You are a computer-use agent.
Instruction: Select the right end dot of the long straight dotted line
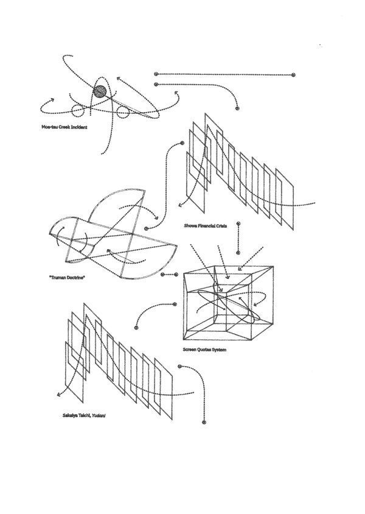(x=293, y=75)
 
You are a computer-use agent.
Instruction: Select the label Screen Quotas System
(x=205, y=350)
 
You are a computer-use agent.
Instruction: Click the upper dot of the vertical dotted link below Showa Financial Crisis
(x=239, y=224)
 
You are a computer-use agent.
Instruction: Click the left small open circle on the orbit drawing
(x=78, y=110)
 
